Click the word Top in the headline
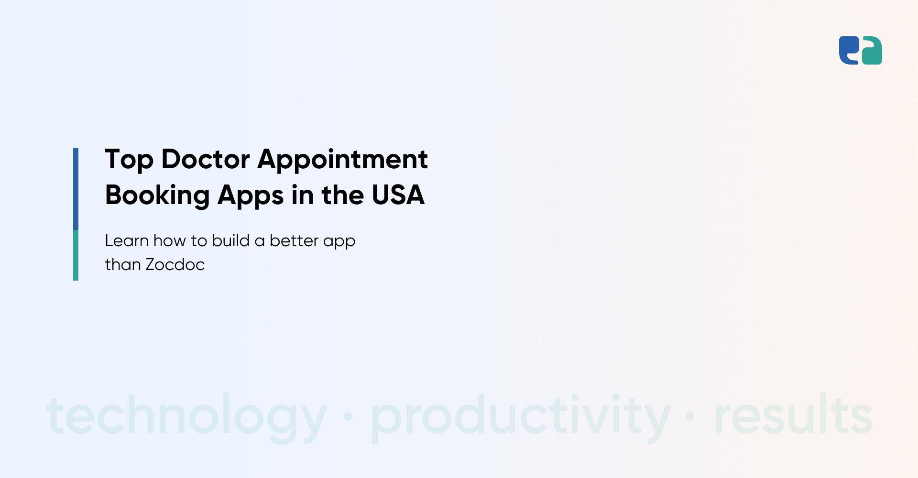[x=129, y=160]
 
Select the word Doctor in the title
[x=206, y=159]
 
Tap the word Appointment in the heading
[x=343, y=160]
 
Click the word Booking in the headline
[x=157, y=196]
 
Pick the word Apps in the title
[x=251, y=196]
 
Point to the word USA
[x=398, y=195]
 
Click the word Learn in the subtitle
[x=127, y=240]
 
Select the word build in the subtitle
[x=231, y=240]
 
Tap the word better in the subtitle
[x=294, y=240]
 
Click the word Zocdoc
[x=175, y=264]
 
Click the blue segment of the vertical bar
[x=76, y=189]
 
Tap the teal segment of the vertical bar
[x=76, y=255]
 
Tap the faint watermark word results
[x=794, y=414]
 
